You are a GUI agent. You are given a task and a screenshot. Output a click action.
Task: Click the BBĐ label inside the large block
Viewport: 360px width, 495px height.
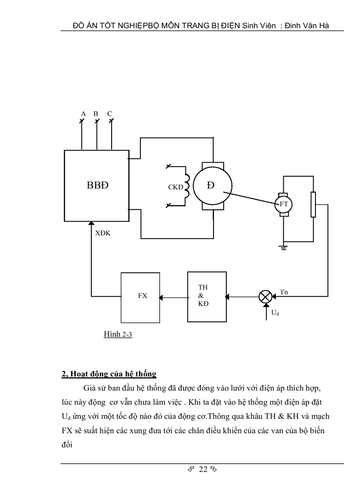(x=97, y=186)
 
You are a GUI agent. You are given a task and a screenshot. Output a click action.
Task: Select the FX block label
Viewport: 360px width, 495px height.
(x=142, y=296)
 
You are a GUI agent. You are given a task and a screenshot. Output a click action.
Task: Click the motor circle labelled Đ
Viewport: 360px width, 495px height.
(x=213, y=186)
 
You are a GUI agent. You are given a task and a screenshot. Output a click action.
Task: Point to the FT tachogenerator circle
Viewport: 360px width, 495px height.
(x=284, y=204)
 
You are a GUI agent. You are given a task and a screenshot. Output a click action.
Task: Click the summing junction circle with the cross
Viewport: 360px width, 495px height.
(x=265, y=297)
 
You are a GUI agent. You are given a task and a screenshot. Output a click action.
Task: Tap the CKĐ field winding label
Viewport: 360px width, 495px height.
(x=175, y=187)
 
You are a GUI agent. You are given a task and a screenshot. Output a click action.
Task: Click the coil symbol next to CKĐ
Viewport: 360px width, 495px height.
(x=187, y=186)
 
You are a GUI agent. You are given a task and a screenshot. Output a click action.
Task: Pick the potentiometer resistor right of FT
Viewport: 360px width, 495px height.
(x=313, y=205)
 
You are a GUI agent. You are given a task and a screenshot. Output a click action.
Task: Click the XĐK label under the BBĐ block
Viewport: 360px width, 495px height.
(x=103, y=233)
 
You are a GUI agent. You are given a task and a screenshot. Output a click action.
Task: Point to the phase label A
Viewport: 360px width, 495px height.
(x=82, y=114)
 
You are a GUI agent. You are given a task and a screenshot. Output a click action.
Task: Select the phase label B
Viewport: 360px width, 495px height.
(x=95, y=114)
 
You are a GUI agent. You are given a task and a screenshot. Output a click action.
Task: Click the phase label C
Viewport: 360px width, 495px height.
(x=109, y=114)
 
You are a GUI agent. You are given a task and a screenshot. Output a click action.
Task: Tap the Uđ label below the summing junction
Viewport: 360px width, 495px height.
(x=275, y=313)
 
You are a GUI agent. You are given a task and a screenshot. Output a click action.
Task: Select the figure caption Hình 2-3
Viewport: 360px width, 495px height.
(x=118, y=335)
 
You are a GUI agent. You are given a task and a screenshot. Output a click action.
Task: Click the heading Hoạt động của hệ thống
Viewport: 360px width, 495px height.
(x=109, y=374)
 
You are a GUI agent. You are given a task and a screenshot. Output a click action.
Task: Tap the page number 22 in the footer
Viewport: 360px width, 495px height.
(x=203, y=469)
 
